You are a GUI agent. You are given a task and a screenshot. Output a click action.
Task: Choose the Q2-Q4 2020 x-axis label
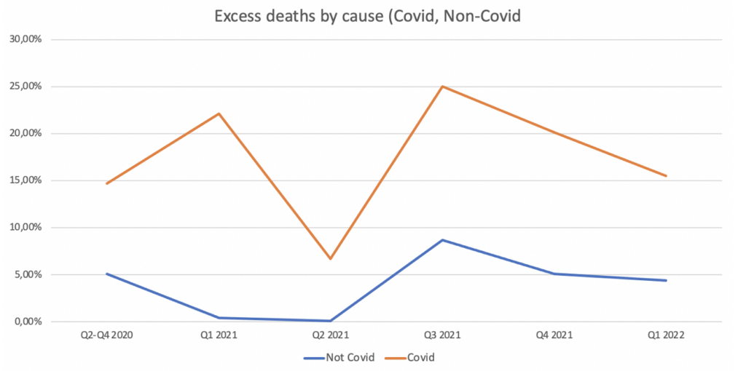point(107,337)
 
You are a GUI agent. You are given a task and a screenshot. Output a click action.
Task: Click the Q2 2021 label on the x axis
point(330,337)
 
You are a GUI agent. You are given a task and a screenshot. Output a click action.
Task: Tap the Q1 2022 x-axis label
point(666,337)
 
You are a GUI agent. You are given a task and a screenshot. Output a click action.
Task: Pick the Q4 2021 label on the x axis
point(554,337)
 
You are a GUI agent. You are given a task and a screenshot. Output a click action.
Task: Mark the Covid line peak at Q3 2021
point(442,87)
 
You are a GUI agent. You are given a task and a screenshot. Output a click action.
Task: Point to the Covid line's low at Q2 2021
point(330,258)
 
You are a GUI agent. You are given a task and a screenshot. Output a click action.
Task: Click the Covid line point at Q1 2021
point(219,113)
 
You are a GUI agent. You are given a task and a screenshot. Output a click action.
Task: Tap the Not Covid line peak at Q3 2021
point(442,240)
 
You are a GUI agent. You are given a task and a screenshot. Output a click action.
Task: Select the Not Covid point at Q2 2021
point(330,321)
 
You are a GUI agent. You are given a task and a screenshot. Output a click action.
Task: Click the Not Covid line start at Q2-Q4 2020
point(107,274)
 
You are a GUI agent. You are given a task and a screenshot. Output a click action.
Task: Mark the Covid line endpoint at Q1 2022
point(666,175)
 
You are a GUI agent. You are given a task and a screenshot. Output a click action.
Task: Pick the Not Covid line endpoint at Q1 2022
point(666,280)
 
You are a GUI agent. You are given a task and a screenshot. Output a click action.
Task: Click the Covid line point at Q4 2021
point(554,132)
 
